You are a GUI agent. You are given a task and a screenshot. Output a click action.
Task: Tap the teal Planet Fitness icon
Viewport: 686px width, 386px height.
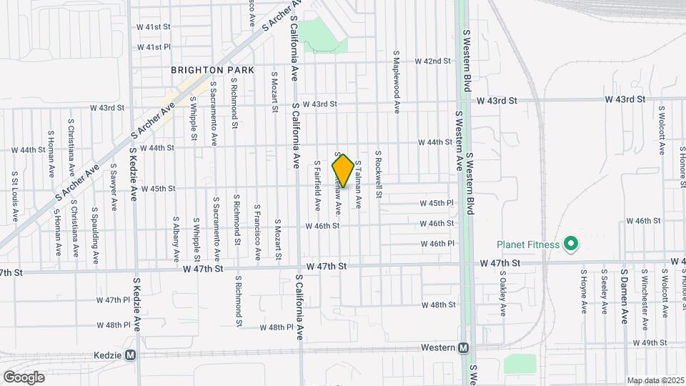570,244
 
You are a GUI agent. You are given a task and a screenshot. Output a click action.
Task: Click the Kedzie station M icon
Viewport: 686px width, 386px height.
131,355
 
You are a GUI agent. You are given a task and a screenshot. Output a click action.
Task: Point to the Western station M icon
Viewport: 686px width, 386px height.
464,348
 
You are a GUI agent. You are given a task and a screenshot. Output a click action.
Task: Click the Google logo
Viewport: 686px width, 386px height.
24,377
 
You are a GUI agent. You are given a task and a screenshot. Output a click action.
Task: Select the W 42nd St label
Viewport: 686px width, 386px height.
433,61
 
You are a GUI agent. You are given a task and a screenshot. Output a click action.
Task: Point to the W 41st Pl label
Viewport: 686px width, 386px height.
154,47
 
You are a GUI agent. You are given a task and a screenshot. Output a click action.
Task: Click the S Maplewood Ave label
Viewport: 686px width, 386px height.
396,81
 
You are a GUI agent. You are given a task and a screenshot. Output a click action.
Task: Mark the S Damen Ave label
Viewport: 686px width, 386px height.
624,297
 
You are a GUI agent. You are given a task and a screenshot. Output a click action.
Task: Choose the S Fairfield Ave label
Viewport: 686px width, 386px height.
317,184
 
